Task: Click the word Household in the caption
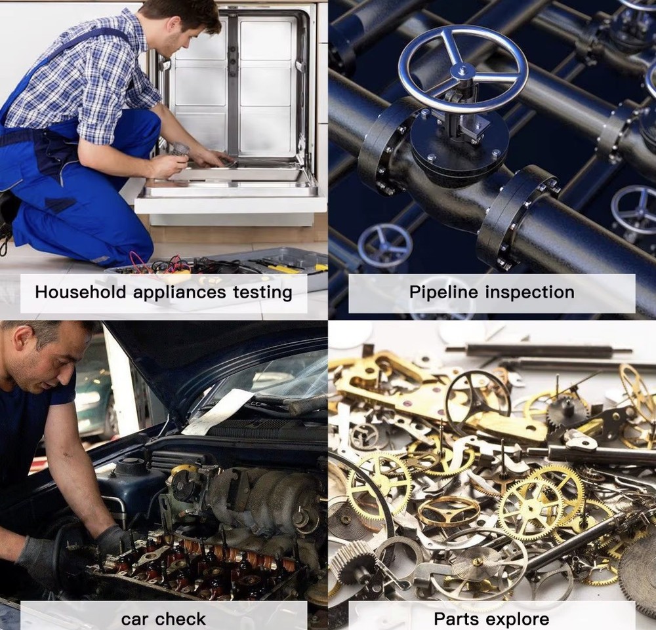tap(80, 292)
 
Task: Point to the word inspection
tap(529, 292)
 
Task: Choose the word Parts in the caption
tap(457, 619)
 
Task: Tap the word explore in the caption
tap(518, 620)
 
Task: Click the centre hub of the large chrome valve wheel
tap(462, 71)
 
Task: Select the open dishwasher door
tap(230, 195)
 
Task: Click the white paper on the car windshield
tap(218, 412)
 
